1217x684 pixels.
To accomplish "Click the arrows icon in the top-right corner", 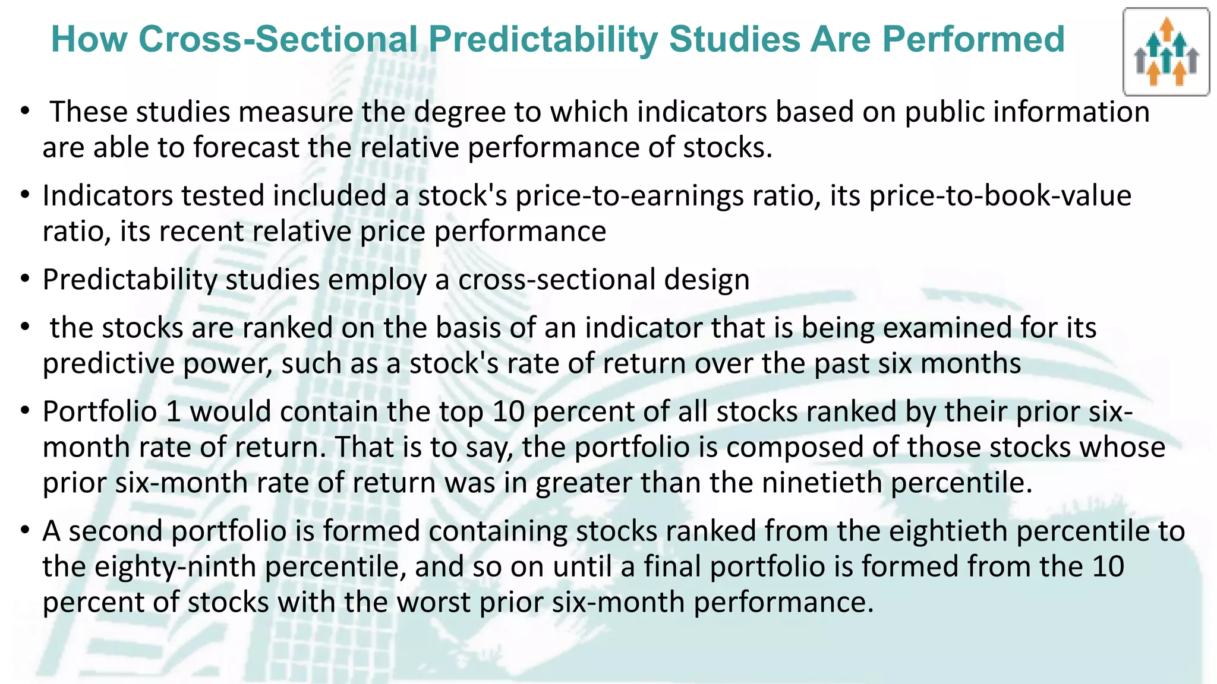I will pyautogui.click(x=1166, y=52).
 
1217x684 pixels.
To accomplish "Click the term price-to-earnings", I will pyautogui.click(x=629, y=196).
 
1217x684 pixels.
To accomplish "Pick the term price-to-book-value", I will pyautogui.click(x=1000, y=196).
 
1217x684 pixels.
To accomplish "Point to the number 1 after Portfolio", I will pyautogui.click(x=174, y=411).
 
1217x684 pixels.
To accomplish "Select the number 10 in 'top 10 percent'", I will pyautogui.click(x=508, y=411).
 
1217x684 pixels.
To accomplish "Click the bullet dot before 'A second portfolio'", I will pyautogui.click(x=24, y=529).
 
